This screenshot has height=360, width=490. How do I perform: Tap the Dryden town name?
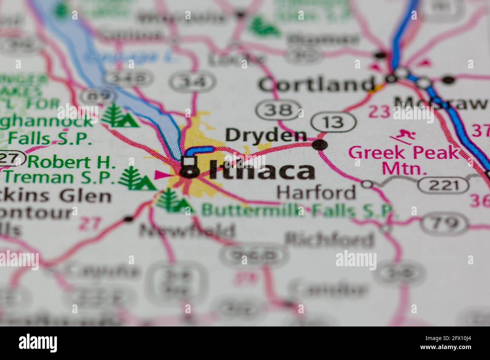266,135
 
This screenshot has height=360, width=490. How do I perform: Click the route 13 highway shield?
334,122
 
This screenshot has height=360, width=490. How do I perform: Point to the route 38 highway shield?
279,110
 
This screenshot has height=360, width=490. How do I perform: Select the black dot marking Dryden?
320,145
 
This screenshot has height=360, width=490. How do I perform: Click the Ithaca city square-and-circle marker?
189,167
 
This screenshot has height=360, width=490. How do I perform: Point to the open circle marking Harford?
367,184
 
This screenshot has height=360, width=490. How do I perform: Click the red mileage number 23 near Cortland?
379,111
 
